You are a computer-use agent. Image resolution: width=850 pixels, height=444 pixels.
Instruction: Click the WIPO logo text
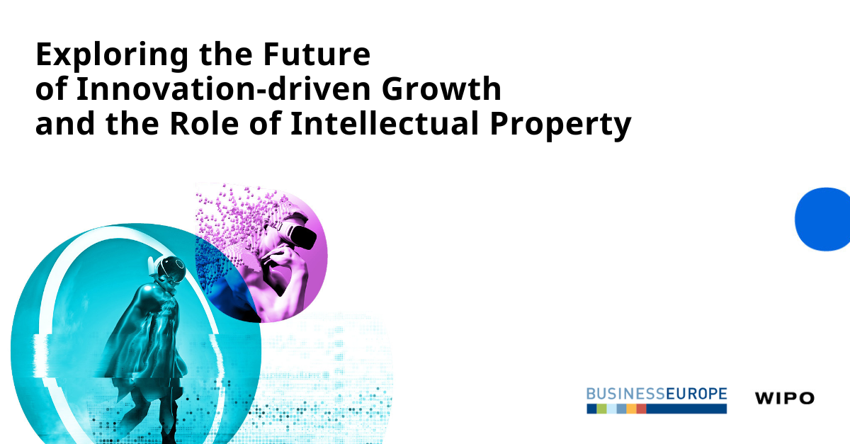(784, 398)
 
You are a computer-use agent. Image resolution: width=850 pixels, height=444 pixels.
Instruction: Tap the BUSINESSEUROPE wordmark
(656, 393)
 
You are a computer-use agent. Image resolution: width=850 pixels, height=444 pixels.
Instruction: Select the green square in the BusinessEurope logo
(601, 409)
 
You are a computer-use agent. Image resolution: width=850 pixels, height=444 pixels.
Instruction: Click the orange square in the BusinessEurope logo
(631, 409)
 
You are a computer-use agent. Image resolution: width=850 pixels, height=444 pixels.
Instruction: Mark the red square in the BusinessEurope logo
(641, 409)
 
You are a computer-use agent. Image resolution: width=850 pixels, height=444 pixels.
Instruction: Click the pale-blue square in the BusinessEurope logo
(611, 409)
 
